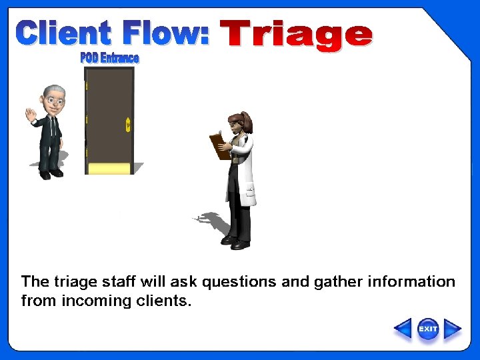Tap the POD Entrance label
coord(109,58)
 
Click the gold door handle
coord(128,125)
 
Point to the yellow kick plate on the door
coord(110,168)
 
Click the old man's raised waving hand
coord(30,115)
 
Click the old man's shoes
coord(50,174)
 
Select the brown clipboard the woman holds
coord(219,146)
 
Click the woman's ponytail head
coord(239,124)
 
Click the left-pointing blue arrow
coord(403,329)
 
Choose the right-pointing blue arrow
coord(453,329)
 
